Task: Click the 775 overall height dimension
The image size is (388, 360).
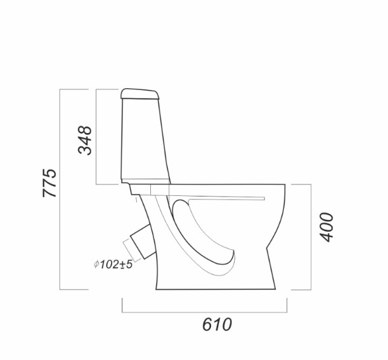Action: point(49,183)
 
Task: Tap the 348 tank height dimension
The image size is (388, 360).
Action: point(85,140)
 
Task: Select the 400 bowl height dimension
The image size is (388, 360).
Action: point(327,227)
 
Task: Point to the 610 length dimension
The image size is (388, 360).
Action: point(217,325)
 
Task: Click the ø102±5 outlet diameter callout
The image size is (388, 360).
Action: point(113,264)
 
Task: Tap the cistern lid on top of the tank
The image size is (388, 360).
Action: point(140,94)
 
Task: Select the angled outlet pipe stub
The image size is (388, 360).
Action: point(143,241)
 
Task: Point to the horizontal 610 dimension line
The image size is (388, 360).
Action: point(204,312)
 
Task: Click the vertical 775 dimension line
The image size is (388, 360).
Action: point(60,190)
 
